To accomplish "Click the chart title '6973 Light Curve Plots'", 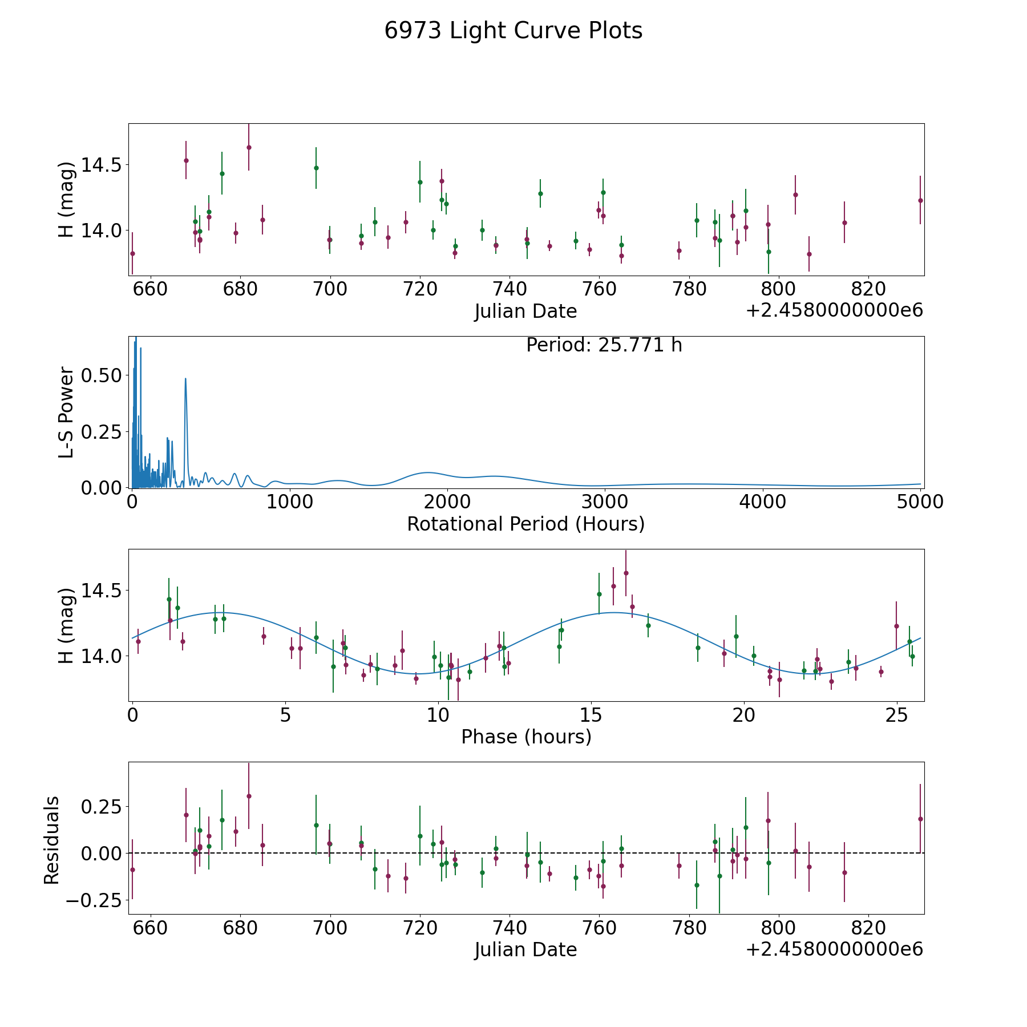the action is (513, 31).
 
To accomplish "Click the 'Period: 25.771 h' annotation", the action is (604, 345).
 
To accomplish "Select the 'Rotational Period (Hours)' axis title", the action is (525, 524).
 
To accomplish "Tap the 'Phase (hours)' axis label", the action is (526, 737).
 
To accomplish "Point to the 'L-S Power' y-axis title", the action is (67, 412).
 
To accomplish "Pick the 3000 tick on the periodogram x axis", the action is (605, 502).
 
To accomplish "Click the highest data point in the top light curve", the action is (249, 147).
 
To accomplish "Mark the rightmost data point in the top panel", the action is (920, 200).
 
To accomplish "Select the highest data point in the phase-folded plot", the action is (626, 573).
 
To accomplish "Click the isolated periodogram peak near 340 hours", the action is (185, 378).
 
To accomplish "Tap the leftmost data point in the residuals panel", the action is (132, 870).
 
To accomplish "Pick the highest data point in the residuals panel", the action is (249, 796).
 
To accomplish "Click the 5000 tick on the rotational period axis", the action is (920, 502).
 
